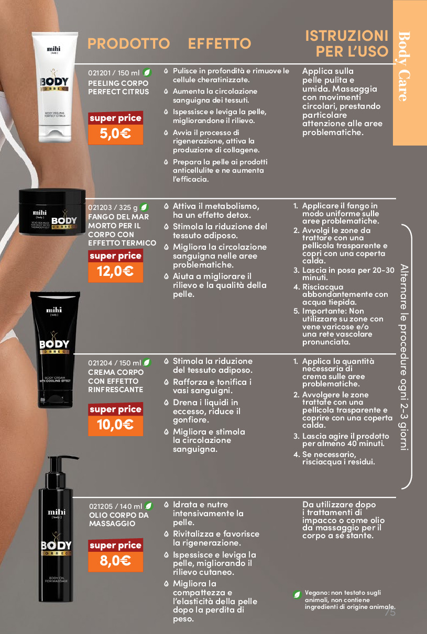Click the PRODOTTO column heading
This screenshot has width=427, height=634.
(x=128, y=43)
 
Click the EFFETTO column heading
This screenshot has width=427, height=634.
(x=220, y=43)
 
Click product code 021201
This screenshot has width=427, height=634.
(x=99, y=73)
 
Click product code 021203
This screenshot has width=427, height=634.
(x=100, y=207)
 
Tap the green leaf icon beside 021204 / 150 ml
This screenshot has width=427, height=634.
(x=147, y=362)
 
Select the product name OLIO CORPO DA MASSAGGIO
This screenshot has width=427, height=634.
(x=118, y=519)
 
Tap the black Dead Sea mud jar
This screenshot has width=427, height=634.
(x=52, y=212)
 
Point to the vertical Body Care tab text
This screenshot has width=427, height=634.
(x=404, y=66)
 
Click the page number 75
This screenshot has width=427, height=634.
(x=390, y=612)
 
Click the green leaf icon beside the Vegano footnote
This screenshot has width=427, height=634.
(x=297, y=594)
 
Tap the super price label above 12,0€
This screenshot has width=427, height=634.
(x=116, y=255)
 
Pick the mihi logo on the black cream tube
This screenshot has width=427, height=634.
(x=54, y=310)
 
